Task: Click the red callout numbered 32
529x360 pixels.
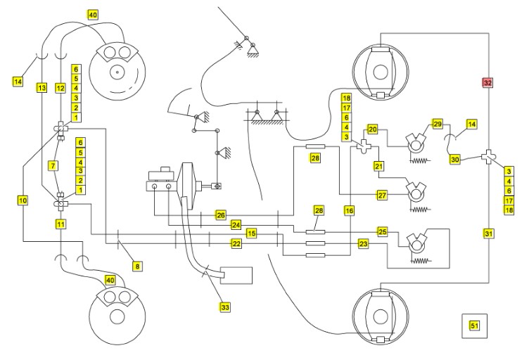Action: (x=487, y=82)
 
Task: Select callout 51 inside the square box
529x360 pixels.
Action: (x=474, y=326)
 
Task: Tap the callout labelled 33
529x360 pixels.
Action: (x=225, y=307)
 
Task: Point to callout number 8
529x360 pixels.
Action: (x=137, y=266)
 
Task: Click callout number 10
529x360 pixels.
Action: (x=23, y=200)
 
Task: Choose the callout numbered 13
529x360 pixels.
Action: (x=42, y=88)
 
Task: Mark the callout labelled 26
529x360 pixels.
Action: (x=220, y=214)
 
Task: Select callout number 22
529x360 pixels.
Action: (x=236, y=243)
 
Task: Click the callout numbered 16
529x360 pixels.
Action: (x=350, y=210)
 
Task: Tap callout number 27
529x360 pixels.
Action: (x=383, y=195)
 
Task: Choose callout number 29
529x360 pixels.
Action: (x=438, y=124)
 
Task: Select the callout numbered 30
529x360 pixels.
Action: (x=455, y=160)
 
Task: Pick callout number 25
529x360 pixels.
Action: (x=383, y=231)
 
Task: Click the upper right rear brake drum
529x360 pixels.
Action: (x=381, y=71)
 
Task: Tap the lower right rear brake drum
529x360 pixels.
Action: (x=381, y=316)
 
